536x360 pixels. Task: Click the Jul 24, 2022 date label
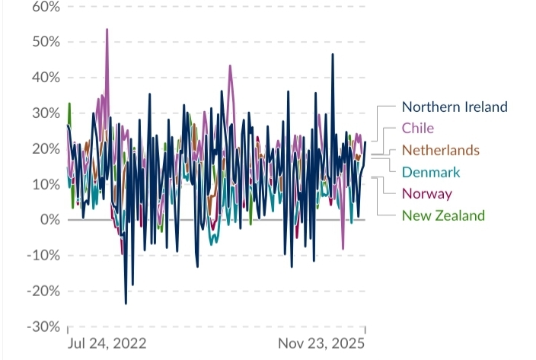[107, 343]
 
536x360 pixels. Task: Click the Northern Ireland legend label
[454, 107]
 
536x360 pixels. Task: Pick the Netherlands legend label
[440, 150]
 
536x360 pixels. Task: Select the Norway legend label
[426, 193]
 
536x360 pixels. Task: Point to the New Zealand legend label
[443, 215]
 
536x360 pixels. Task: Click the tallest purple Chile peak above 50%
[107, 30]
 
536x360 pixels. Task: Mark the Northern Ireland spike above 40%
[333, 55]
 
